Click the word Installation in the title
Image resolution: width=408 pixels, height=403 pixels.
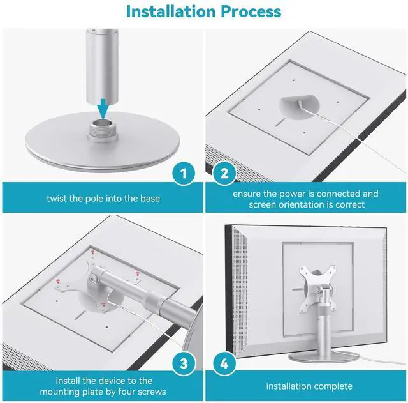[171, 11]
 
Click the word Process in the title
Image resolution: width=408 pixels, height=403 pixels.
[251, 11]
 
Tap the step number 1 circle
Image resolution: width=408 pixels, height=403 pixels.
[184, 174]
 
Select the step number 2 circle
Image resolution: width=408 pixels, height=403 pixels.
[224, 174]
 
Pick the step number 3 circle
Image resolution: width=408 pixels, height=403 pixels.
[184, 363]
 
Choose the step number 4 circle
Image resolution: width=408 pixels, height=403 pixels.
[224, 363]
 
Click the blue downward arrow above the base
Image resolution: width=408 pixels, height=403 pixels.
[103, 109]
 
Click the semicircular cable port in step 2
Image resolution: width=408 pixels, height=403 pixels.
[299, 107]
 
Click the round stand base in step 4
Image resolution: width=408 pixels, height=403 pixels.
[323, 357]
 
